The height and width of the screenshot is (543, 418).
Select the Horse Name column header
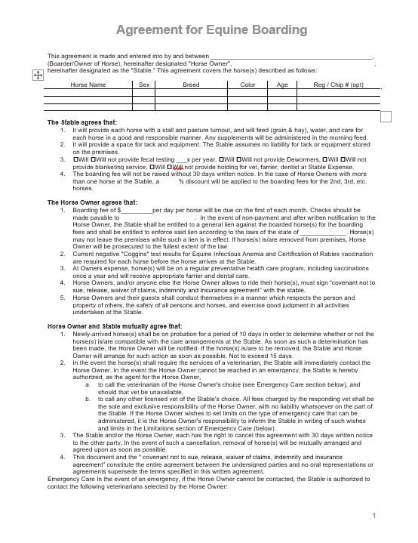coord(88,85)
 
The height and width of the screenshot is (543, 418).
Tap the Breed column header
coord(191,85)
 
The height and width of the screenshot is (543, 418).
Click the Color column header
coord(247,85)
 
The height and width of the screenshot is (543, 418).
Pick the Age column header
coord(282,85)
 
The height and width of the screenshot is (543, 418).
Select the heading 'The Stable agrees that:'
coord(82,122)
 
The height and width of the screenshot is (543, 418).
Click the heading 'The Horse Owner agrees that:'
coord(93,202)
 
